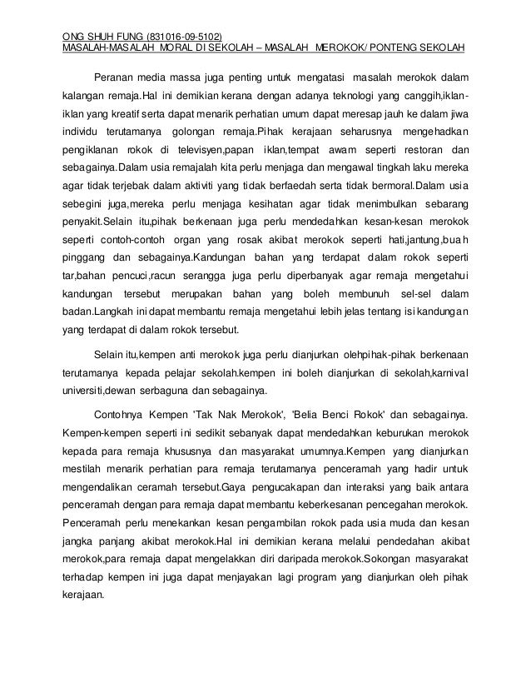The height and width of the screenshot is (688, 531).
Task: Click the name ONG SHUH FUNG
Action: click(103, 36)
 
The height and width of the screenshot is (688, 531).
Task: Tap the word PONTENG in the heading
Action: click(394, 46)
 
